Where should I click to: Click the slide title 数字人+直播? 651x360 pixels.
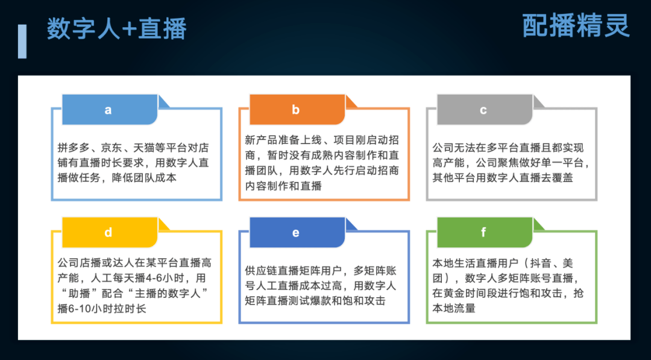point(117,29)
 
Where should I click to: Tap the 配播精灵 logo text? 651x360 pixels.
point(576,25)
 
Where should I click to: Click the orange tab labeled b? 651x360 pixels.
point(297,110)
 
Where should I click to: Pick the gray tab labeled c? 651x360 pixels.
point(485,110)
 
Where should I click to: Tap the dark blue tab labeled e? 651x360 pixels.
point(297,232)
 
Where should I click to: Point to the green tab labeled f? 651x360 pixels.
point(485,232)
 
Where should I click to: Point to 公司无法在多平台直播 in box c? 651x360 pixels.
point(477,148)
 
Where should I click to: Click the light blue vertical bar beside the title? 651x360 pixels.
point(22,41)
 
